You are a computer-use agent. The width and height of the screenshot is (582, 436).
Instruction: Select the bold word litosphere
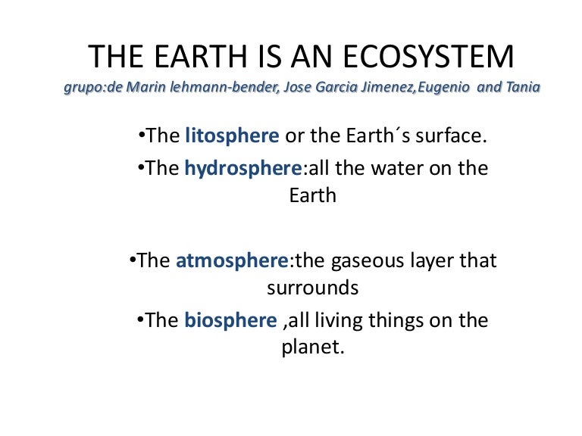232,136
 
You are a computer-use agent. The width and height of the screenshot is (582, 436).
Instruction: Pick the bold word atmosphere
233,261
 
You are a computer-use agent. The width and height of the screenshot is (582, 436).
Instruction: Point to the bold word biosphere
230,320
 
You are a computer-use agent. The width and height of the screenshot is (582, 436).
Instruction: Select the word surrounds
312,288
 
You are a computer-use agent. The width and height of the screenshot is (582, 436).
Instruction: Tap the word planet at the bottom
312,349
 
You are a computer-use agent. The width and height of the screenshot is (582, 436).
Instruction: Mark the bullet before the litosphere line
141,137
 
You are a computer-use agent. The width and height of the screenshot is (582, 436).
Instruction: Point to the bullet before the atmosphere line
133,261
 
